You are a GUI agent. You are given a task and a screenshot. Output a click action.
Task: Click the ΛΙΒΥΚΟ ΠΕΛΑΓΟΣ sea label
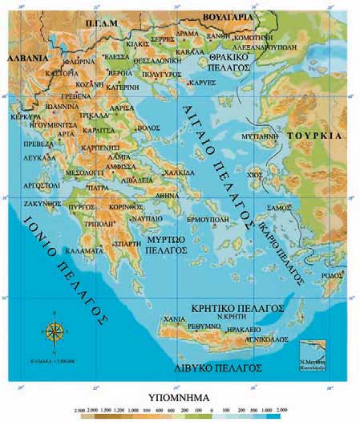[x=220, y=367]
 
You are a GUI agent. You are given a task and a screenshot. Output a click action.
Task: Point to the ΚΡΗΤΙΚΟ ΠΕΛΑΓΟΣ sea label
[x=236, y=307]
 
